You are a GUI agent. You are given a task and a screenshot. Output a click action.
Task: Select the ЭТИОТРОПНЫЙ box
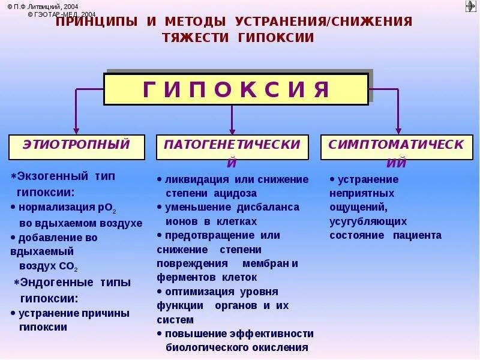click(x=77, y=146)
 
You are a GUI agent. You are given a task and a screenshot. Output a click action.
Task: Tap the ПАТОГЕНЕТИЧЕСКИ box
click(x=232, y=146)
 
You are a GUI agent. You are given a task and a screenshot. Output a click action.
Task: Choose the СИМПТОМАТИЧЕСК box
click(x=396, y=146)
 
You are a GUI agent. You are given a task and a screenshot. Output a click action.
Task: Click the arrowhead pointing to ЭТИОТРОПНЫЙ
click(x=76, y=130)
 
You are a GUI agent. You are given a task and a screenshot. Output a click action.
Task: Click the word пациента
click(x=417, y=235)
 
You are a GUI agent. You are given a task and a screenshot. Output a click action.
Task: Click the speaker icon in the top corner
click(x=470, y=7)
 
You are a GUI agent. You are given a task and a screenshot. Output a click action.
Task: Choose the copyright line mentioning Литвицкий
click(x=51, y=5)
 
